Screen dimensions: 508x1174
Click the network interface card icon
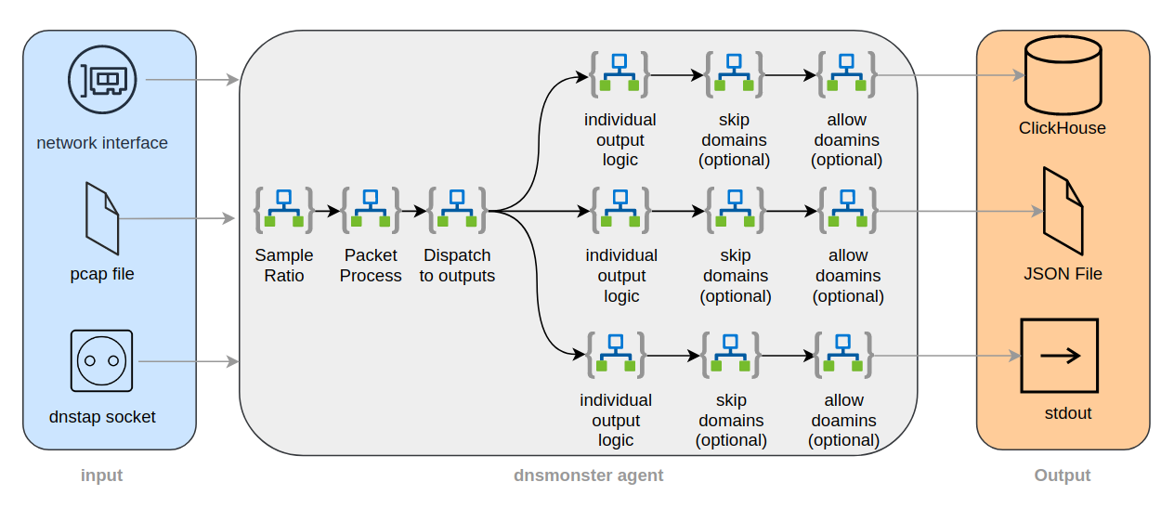(102, 80)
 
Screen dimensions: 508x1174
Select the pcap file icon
(102, 218)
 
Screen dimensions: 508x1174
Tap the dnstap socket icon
(102, 360)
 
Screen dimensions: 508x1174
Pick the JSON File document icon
(1063, 212)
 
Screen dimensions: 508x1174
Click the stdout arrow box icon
(1059, 356)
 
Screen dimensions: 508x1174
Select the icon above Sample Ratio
(284, 210)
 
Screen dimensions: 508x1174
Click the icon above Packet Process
(371, 210)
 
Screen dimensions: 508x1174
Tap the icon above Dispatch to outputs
(457, 210)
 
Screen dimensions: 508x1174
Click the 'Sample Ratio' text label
(284, 265)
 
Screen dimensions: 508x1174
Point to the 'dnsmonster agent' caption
(589, 475)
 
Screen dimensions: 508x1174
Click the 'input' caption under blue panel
(102, 475)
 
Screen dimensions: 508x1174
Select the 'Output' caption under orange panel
(1063, 475)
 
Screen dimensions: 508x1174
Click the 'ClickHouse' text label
(1063, 128)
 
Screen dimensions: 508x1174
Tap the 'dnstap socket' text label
(102, 417)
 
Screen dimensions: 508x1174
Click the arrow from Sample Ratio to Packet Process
(327, 211)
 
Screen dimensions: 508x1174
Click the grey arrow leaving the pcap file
(176, 219)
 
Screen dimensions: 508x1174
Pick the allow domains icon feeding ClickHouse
(846, 74)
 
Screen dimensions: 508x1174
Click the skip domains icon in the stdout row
(731, 355)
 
